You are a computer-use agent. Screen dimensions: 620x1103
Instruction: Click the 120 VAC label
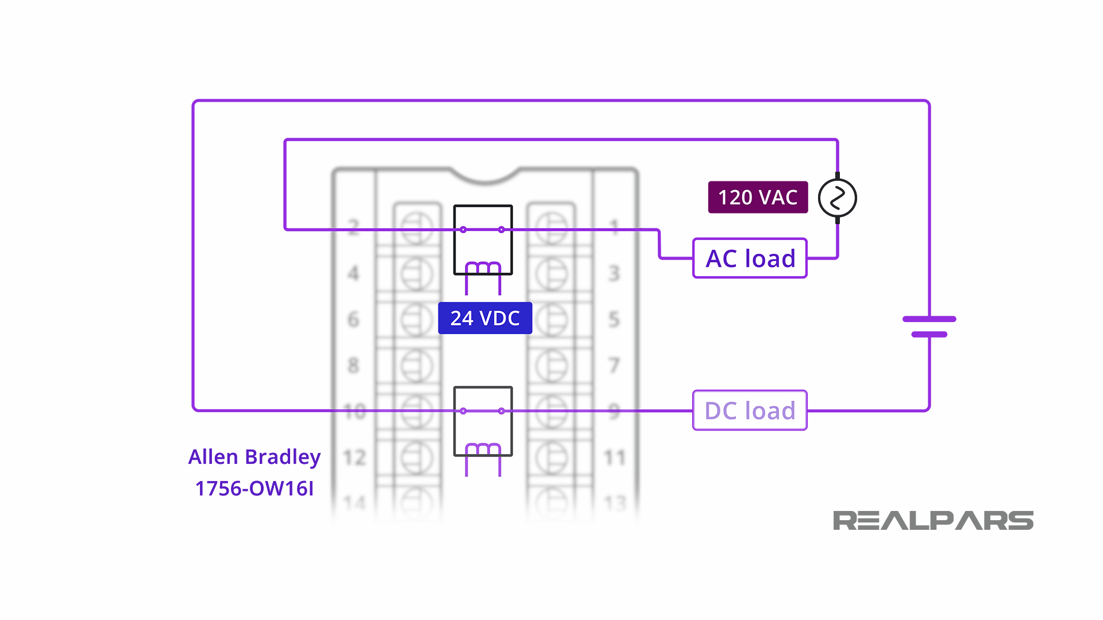click(x=757, y=197)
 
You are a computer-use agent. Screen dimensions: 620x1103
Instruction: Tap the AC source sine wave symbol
click(x=837, y=198)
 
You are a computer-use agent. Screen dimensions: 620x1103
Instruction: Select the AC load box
click(x=750, y=258)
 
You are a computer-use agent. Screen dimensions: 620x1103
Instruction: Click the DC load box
click(x=750, y=410)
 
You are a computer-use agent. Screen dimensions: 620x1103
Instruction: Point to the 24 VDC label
click(x=485, y=318)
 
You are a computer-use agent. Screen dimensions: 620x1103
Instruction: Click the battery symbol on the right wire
click(x=929, y=326)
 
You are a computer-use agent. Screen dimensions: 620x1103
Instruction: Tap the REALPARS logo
click(x=933, y=521)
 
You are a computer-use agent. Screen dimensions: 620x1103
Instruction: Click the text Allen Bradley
click(x=254, y=457)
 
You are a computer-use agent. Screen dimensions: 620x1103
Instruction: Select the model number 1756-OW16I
click(x=254, y=489)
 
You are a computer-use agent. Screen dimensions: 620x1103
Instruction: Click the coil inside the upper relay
click(x=483, y=268)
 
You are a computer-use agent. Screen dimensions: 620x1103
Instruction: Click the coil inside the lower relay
click(x=483, y=449)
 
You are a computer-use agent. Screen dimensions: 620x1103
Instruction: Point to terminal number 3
click(x=614, y=273)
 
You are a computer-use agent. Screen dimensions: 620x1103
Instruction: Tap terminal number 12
click(x=354, y=458)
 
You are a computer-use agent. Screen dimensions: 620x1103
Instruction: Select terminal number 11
click(x=614, y=458)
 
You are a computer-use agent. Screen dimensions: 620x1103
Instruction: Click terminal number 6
click(x=353, y=319)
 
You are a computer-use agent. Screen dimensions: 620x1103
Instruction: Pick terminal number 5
click(x=614, y=319)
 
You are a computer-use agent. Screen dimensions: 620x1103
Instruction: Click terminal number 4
click(x=353, y=273)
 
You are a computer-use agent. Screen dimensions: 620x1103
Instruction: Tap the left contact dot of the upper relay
click(x=463, y=230)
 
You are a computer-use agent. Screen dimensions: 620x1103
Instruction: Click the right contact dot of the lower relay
click(x=502, y=411)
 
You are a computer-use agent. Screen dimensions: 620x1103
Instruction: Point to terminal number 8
click(x=353, y=365)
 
